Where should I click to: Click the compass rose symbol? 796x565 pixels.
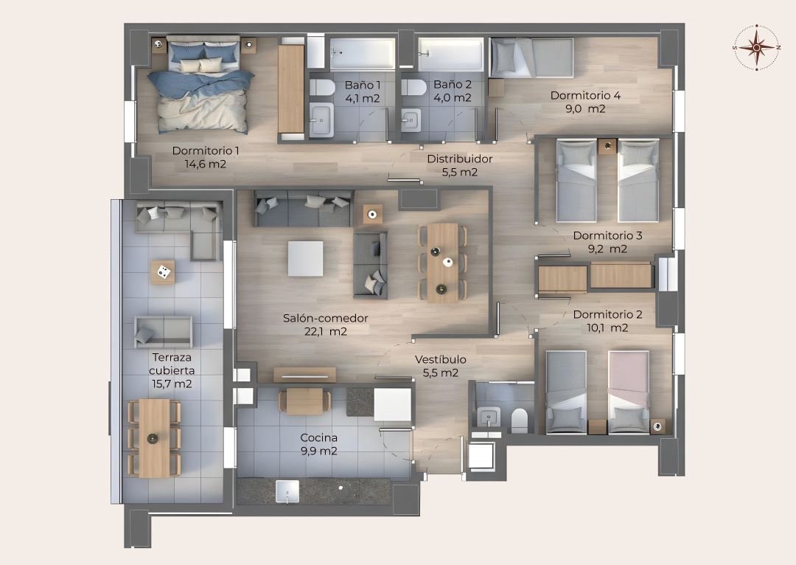pos(756,47)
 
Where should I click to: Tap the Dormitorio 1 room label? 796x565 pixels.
pos(206,150)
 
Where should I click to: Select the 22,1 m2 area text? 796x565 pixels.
pos(326,331)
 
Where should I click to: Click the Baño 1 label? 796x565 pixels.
pos(363,85)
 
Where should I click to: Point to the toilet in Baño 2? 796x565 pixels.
pos(413,87)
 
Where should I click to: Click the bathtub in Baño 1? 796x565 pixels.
pos(363,53)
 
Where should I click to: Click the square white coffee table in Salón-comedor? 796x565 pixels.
pos(306,259)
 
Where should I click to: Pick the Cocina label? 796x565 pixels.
pos(319,437)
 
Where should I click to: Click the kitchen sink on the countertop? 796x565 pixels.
pos(287,491)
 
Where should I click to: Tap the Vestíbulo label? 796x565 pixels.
pos(441,359)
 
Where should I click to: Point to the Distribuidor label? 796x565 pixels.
pos(460,159)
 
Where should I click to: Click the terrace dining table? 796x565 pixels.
pos(154,438)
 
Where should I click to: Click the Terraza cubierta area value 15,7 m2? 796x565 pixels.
pos(172,384)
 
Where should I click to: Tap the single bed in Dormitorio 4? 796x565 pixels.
pos(531,58)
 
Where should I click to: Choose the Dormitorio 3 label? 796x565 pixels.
pos(607,235)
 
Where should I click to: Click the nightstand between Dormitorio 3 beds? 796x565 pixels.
pos(607,146)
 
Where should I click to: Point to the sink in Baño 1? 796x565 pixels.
pos(321,120)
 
